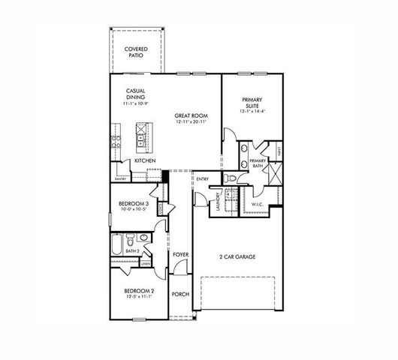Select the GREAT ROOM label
coord(191,116)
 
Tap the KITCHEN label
coord(145,160)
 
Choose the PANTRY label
coord(119,179)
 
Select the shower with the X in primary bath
coord(276,176)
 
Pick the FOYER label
coord(179,255)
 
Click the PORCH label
coord(179,294)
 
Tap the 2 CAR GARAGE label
coord(237,256)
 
